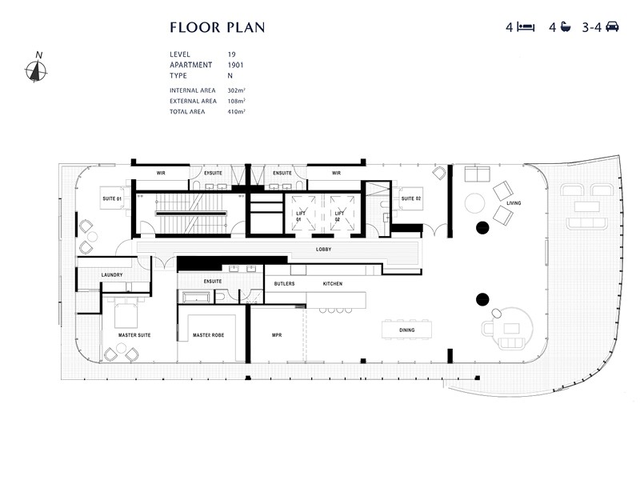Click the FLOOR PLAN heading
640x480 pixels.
[x=217, y=27]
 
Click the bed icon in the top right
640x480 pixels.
[x=526, y=27]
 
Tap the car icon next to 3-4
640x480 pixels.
[x=612, y=27]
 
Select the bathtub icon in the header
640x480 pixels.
[x=566, y=27]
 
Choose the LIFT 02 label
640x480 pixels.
[x=339, y=215]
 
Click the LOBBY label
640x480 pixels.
[x=323, y=250]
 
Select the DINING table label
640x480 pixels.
[x=406, y=328]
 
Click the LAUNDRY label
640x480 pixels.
[x=112, y=275]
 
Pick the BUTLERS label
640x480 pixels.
[x=284, y=284]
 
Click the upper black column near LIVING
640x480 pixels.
[x=482, y=228]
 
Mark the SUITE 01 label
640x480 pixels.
[x=111, y=198]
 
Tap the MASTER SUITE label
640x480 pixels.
[x=134, y=335]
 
